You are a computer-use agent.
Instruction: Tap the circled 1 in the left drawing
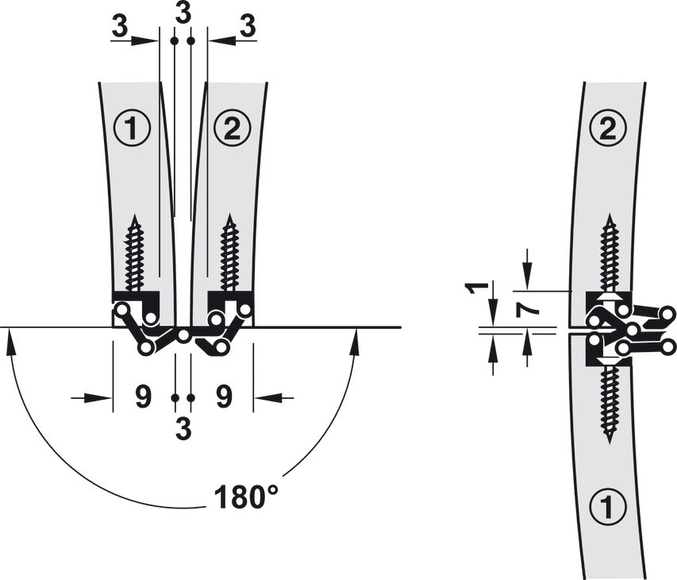pyautogui.click(x=132, y=129)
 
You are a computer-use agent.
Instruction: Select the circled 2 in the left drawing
pyautogui.click(x=233, y=129)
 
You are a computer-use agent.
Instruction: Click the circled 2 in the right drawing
pyautogui.click(x=608, y=129)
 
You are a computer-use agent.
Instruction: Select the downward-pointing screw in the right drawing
pyautogui.click(x=610, y=405)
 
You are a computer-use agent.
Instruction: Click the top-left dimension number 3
pyautogui.click(x=120, y=27)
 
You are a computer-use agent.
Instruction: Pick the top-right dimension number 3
pyautogui.click(x=248, y=27)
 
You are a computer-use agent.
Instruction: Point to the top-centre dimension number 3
pyautogui.click(x=183, y=13)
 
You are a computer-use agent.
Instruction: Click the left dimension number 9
pyautogui.click(x=144, y=397)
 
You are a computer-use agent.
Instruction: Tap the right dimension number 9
pyautogui.click(x=224, y=397)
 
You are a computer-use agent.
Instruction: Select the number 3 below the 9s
pyautogui.click(x=183, y=429)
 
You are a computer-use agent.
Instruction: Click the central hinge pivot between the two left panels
pyautogui.click(x=184, y=335)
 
